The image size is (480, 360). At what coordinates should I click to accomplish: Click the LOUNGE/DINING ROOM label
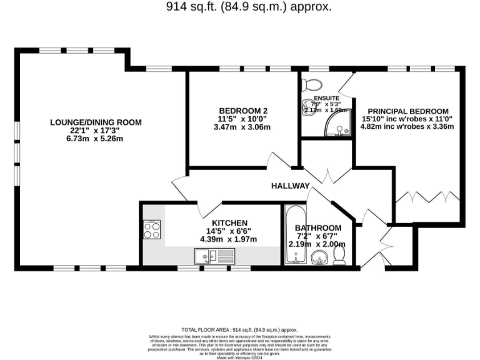[x=96, y=122]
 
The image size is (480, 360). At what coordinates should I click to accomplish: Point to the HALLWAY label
[x=290, y=186]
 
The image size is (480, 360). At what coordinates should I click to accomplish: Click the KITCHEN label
[x=229, y=222]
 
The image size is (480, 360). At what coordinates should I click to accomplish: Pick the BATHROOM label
[x=318, y=227]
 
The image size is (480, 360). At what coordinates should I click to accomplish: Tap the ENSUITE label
[x=326, y=99]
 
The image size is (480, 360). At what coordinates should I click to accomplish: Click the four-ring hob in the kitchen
[x=152, y=230]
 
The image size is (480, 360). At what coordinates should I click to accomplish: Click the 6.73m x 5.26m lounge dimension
[x=96, y=139]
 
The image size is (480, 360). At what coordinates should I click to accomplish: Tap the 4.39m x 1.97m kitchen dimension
[x=229, y=239]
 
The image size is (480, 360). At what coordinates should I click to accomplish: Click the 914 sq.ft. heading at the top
[x=248, y=7]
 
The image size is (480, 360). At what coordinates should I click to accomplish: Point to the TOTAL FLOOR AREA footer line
[x=239, y=329]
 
